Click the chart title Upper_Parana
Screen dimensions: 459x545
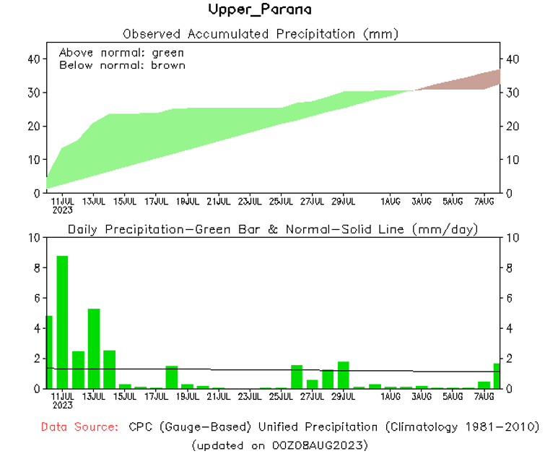[x=260, y=10]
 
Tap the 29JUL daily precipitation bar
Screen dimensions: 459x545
[x=343, y=374]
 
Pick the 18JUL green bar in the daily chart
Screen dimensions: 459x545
[x=171, y=377]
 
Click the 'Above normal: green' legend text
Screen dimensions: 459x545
[x=121, y=53]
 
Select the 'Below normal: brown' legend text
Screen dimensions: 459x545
[x=122, y=65]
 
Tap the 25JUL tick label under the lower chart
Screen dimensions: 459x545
[x=282, y=397]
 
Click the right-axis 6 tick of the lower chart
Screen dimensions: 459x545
[x=509, y=298]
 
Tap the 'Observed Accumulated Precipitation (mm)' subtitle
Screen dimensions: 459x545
[x=261, y=34]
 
